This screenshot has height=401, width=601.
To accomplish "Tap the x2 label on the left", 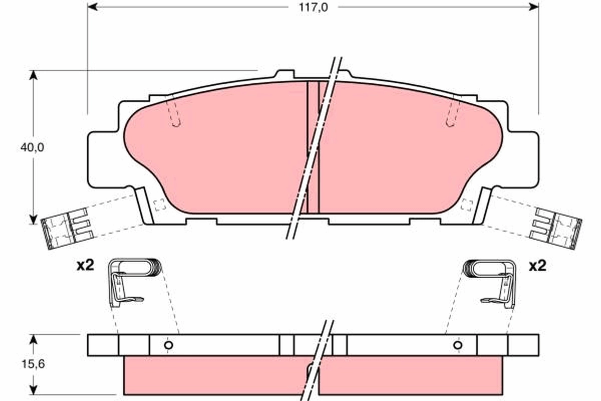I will pyautogui.click(x=85, y=266).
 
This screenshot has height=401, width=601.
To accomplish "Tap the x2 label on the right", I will pyautogui.click(x=537, y=266).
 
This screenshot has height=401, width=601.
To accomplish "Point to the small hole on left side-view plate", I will pyautogui.click(x=169, y=345).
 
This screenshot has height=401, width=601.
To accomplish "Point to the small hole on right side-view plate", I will pyautogui.click(x=457, y=345).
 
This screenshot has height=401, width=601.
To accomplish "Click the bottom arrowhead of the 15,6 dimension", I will pyautogui.click(x=34, y=389).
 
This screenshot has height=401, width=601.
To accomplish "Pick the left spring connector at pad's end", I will pyautogui.click(x=65, y=229).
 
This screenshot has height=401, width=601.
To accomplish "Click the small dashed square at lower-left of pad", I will pyautogui.click(x=159, y=205).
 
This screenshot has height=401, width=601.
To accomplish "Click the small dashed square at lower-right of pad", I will pyautogui.click(x=466, y=205).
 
